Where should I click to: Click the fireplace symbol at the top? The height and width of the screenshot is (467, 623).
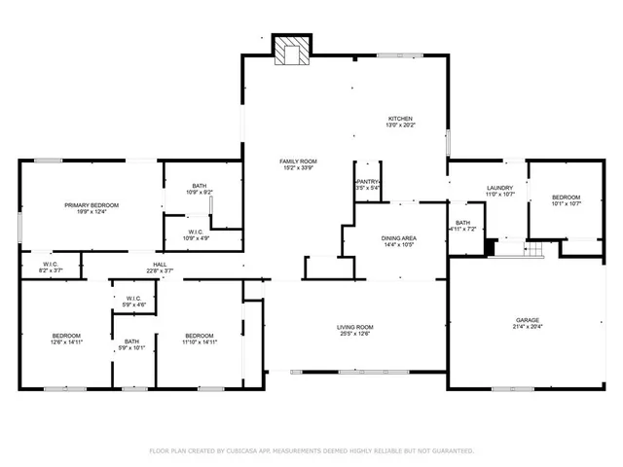tap(290, 51)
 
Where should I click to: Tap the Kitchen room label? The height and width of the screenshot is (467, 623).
tap(401, 119)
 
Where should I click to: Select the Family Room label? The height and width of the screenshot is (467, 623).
tap(298, 162)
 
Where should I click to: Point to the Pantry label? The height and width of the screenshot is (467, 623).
tap(367, 182)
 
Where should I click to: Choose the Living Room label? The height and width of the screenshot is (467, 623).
tap(356, 327)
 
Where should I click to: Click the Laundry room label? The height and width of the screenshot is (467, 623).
tap(498, 188)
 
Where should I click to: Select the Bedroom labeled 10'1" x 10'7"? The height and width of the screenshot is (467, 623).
tap(566, 198)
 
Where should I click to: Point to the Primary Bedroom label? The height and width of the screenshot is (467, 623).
tap(92, 205)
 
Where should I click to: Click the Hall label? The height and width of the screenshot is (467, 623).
tap(159, 264)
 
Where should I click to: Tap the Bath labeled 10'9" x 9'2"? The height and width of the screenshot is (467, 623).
tap(199, 186)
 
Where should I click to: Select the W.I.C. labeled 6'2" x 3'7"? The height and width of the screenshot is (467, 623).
tap(51, 265)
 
